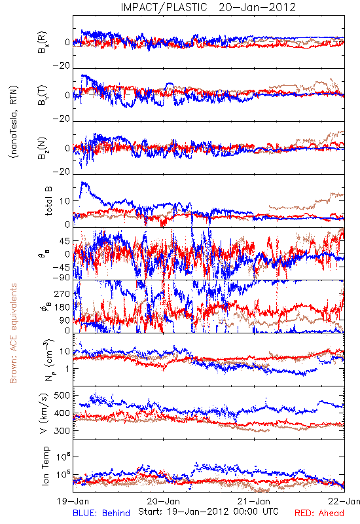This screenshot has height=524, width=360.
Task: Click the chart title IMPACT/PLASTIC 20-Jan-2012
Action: click(x=208, y=7)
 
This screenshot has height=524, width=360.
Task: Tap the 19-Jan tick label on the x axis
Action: click(x=73, y=501)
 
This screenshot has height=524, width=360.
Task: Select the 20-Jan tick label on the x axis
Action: click(x=163, y=501)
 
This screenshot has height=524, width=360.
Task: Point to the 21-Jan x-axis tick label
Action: click(x=254, y=501)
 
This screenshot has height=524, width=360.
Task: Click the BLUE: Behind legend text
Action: click(x=101, y=513)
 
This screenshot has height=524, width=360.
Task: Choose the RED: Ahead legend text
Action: click(x=319, y=513)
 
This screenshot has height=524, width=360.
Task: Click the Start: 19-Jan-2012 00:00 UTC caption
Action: click(x=208, y=512)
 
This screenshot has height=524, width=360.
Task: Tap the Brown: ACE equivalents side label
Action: click(x=13, y=333)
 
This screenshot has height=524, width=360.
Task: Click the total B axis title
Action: click(x=48, y=201)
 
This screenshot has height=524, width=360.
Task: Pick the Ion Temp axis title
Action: click(x=45, y=466)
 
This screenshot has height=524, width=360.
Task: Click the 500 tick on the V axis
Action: click(x=62, y=396)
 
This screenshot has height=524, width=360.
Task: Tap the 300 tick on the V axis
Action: click(x=62, y=430)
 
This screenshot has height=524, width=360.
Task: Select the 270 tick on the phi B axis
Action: click(x=62, y=293)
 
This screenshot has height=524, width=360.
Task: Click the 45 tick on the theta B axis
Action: click(x=65, y=241)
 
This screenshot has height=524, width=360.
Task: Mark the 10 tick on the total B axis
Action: click(x=65, y=201)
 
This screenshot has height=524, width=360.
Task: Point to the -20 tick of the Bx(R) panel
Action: click(x=62, y=66)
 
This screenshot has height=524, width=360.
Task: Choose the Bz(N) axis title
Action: click(x=43, y=148)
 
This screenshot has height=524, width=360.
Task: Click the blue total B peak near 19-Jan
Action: click(x=83, y=183)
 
